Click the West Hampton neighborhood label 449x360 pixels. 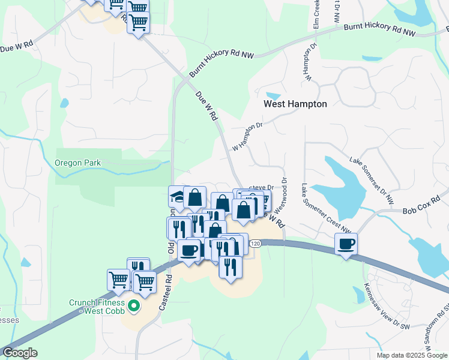[295, 104]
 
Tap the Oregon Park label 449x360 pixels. [78, 163]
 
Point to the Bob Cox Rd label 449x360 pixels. [418, 210]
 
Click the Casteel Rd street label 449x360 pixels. [166, 293]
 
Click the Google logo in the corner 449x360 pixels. [20, 353]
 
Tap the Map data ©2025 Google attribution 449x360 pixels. [412, 355]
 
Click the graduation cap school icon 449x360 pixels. [179, 197]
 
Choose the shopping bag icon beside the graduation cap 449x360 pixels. [195, 197]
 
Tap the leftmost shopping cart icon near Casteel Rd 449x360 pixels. [118, 279]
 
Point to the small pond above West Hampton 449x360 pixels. [273, 96]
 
